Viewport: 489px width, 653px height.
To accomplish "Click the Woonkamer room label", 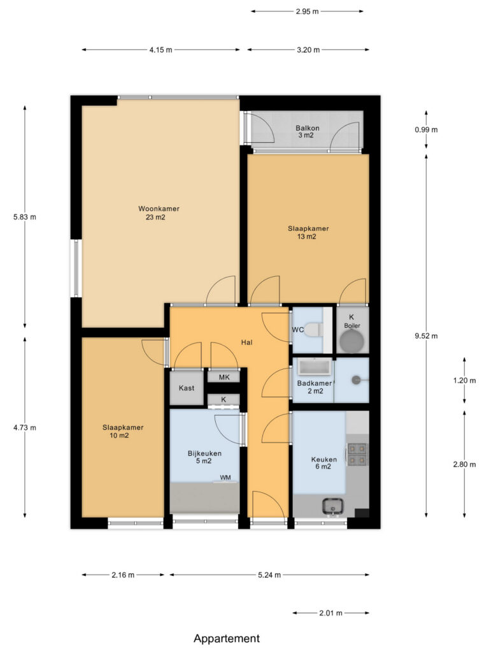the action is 159,209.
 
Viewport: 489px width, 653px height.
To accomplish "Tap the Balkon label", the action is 308,128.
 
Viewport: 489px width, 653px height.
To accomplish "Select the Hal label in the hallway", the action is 246,342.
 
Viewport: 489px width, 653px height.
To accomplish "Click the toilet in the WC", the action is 313,330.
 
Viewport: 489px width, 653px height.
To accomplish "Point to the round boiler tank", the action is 351,341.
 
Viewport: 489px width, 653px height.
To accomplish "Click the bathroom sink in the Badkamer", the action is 315,367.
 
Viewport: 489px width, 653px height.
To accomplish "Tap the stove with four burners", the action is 357,454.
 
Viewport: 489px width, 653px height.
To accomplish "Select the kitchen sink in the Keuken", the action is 333,506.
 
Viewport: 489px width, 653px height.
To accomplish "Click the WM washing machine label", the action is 225,477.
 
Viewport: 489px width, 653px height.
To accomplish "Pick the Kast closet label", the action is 187,388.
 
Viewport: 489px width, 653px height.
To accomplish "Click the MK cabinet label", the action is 224,378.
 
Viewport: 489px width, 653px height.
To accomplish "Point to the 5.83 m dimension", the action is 25,217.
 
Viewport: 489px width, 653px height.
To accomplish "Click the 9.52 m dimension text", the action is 426,336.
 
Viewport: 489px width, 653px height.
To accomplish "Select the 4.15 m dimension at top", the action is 161,50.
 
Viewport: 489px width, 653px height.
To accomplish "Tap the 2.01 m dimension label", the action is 331,613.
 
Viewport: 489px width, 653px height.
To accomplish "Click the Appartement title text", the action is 227,638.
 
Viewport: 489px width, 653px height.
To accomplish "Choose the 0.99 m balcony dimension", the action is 426,129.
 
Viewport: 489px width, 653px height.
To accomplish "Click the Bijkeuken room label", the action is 204,453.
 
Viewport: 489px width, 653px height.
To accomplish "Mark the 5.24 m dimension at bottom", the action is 269,575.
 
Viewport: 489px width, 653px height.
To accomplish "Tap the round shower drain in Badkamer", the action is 356,380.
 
